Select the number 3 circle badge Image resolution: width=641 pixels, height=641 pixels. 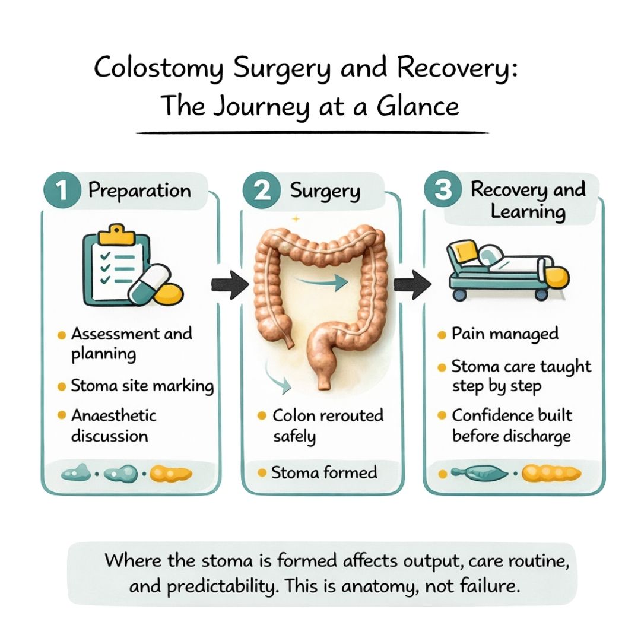click(442, 191)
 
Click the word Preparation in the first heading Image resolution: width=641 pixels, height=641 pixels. click(139, 191)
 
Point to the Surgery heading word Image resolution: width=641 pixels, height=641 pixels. click(325, 191)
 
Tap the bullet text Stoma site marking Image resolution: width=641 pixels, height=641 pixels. click(142, 386)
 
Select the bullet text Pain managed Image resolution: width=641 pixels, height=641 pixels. click(504, 334)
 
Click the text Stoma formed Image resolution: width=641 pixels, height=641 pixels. click(323, 472)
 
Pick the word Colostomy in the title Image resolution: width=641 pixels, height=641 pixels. click(159, 69)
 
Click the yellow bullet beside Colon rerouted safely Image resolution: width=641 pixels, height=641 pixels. click(262, 415)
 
